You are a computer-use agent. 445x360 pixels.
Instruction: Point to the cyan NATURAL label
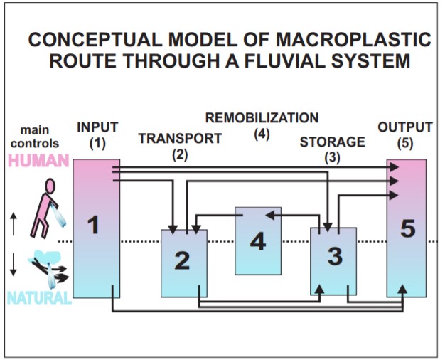[x=40, y=297]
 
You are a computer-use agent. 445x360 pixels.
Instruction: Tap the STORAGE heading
[x=332, y=142]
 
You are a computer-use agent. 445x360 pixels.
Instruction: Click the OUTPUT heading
[x=405, y=128]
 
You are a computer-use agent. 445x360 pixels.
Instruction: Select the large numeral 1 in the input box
[x=93, y=226]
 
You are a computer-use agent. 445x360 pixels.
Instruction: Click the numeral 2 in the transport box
[x=183, y=260]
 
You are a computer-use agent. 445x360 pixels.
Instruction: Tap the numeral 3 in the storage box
[x=333, y=255]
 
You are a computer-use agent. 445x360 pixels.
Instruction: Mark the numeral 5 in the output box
[x=407, y=230]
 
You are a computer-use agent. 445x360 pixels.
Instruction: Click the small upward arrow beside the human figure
[x=14, y=223]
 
